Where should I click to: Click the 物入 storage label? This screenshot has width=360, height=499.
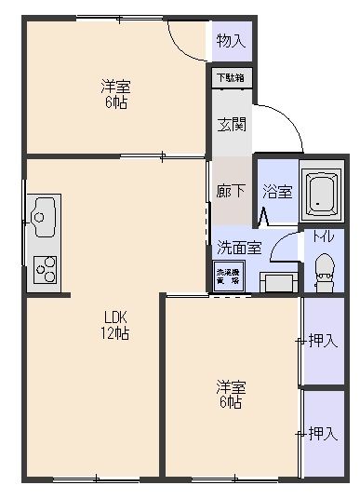click(230, 41)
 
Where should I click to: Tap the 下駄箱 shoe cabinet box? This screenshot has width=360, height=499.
click(230, 78)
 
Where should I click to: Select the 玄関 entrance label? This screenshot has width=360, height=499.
click(230, 124)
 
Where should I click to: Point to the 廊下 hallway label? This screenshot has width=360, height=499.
click(230, 191)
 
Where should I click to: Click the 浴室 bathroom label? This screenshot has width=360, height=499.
click(277, 192)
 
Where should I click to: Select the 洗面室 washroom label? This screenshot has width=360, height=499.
click(239, 248)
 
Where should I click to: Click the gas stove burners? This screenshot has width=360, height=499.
click(44, 270)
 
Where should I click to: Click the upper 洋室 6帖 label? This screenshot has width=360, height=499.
click(115, 95)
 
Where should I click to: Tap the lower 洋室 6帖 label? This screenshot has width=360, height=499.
click(231, 394)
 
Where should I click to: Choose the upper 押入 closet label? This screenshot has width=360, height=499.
click(322, 341)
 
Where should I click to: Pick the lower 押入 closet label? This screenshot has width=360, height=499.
click(322, 433)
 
